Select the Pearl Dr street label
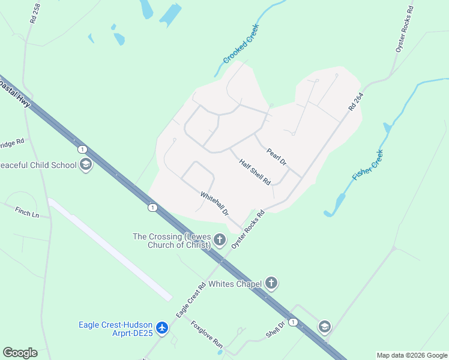pyautogui.click(x=277, y=157)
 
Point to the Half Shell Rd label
pyautogui.click(x=255, y=172)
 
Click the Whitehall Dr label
pyautogui.click(x=214, y=203)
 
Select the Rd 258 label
pyautogui.click(x=34, y=13)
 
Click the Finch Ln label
pyautogui.click(x=27, y=212)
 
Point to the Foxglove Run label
pyautogui.click(x=207, y=335)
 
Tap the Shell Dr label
pyautogui.click(x=275, y=328)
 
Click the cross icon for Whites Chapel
pyautogui.click(x=271, y=283)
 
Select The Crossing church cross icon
pyautogui.click(x=220, y=241)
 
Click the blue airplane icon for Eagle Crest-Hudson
pyautogui.click(x=161, y=328)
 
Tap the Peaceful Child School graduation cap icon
pyautogui.click(x=85, y=165)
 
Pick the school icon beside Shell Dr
pyautogui.click(x=324, y=326)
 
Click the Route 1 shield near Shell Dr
pyautogui.click(x=293, y=322)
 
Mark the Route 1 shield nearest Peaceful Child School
pyautogui.click(x=82, y=149)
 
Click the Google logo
pyautogui.click(x=20, y=353)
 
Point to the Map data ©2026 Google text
pyautogui.click(x=412, y=355)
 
